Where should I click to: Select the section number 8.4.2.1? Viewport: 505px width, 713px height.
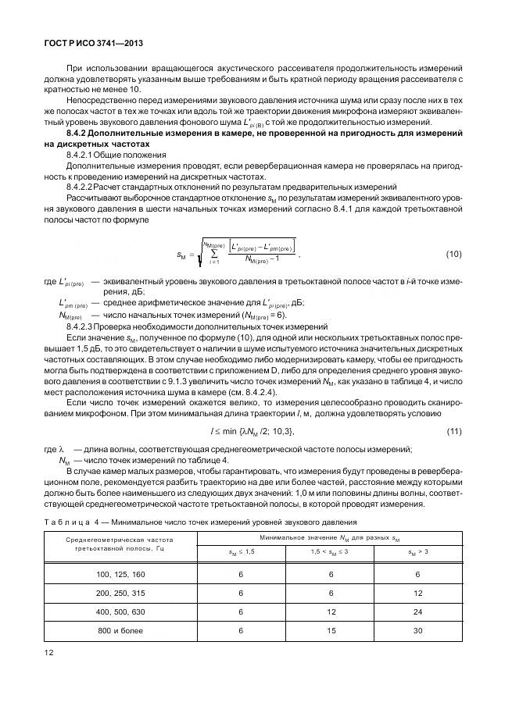coord(82,155)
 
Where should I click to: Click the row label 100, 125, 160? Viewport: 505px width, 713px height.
coord(120,575)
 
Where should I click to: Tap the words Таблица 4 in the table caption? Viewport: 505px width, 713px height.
coord(75,522)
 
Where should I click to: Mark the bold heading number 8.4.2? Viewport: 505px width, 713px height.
coord(79,136)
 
